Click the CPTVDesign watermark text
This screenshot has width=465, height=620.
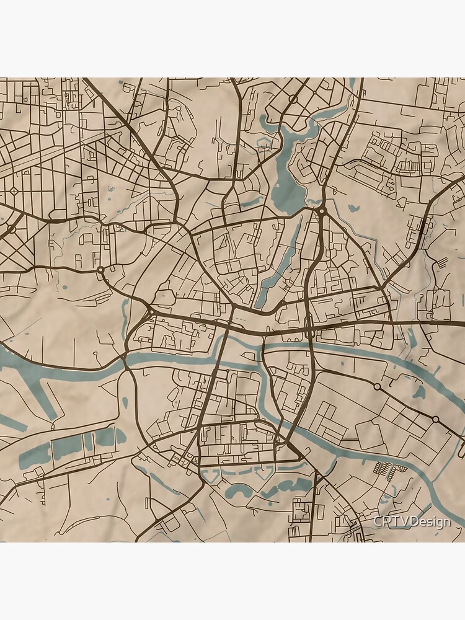pos(412,521)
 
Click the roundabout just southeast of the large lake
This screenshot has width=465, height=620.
pos(322,211)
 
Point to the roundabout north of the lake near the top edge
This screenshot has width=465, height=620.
pos(293,99)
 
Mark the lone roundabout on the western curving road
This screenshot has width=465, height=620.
pos(100,270)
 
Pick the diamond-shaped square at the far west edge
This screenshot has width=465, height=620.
pos(14,190)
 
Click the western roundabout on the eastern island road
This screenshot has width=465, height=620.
pos(377,386)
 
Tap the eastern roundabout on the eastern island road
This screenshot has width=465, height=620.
pos(436,420)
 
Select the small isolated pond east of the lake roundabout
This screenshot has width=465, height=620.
pos(354,209)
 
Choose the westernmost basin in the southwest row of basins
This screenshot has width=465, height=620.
pos(35,457)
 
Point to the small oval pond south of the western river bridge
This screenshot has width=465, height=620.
pos(125,402)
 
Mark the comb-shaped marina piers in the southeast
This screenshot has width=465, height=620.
pos(384,471)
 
